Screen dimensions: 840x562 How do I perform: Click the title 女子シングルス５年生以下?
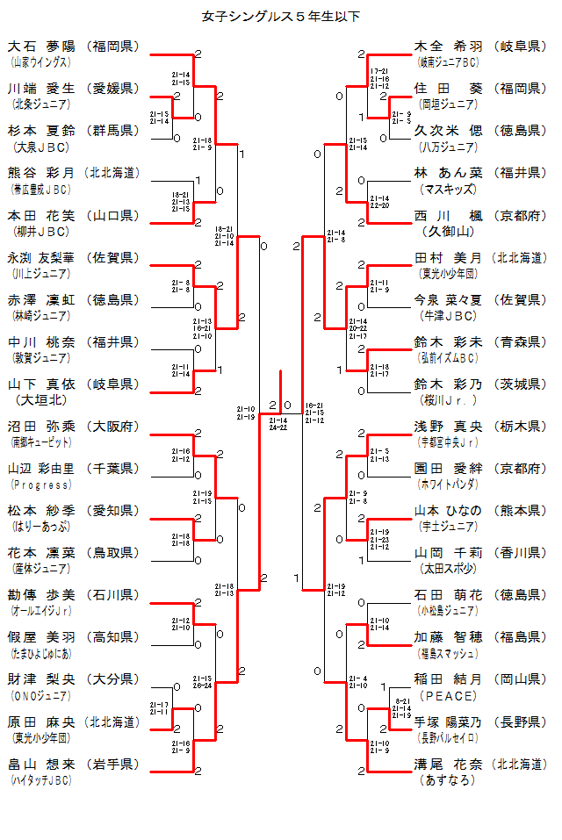(x=281, y=16)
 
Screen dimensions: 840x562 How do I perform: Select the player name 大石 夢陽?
(x=41, y=46)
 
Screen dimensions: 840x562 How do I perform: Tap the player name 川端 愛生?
(x=41, y=88)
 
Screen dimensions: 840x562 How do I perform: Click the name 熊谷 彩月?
(x=41, y=173)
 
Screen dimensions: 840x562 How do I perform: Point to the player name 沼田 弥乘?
(x=41, y=427)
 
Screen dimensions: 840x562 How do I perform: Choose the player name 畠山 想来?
(x=41, y=765)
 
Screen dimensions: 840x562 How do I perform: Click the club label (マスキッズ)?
(x=448, y=189)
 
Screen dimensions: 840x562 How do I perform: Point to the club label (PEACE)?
(x=448, y=695)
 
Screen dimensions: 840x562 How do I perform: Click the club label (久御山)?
(x=448, y=232)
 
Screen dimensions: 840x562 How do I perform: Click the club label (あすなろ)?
(x=448, y=779)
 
